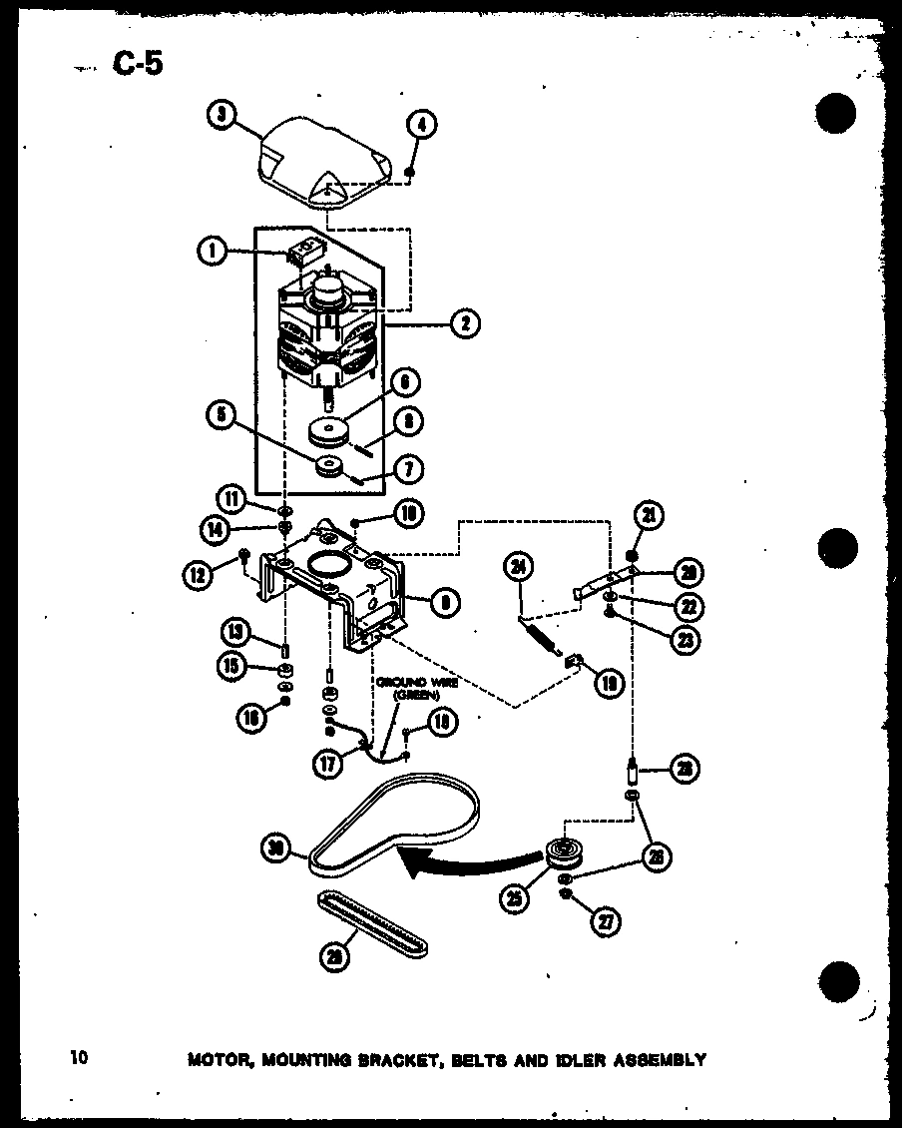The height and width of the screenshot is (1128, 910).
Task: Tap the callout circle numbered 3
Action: pos(221,116)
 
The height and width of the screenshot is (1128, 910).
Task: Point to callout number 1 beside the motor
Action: pos(213,253)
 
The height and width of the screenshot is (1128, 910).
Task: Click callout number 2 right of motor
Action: pos(464,322)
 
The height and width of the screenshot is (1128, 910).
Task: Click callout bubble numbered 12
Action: pos(196,575)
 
